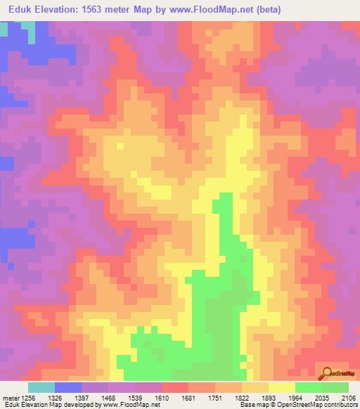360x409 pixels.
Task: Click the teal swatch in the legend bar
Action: point(41,387)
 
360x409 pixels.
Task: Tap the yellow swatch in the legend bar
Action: point(281,387)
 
